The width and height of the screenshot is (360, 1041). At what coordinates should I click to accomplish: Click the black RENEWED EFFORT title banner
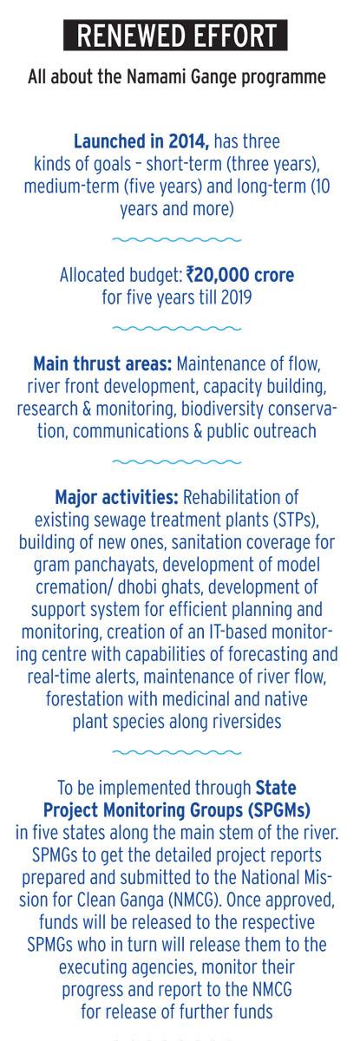coord(175,35)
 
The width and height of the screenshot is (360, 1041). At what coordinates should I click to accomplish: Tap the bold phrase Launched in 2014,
coord(141,141)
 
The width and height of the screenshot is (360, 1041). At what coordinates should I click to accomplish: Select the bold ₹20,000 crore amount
coord(239,275)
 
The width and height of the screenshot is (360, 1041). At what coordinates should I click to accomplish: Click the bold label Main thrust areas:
coord(102,363)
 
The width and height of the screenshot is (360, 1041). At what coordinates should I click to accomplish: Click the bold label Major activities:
coord(116,497)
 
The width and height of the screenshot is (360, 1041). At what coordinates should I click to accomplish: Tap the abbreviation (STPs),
coord(294,520)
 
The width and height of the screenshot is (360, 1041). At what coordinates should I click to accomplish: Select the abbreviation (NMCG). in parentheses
coord(196,900)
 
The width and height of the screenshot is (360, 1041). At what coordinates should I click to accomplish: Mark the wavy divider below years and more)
coord(177,239)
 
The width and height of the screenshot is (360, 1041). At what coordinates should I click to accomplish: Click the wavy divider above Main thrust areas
coord(177,329)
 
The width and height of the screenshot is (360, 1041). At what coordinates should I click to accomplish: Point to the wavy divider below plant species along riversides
coord(177,752)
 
